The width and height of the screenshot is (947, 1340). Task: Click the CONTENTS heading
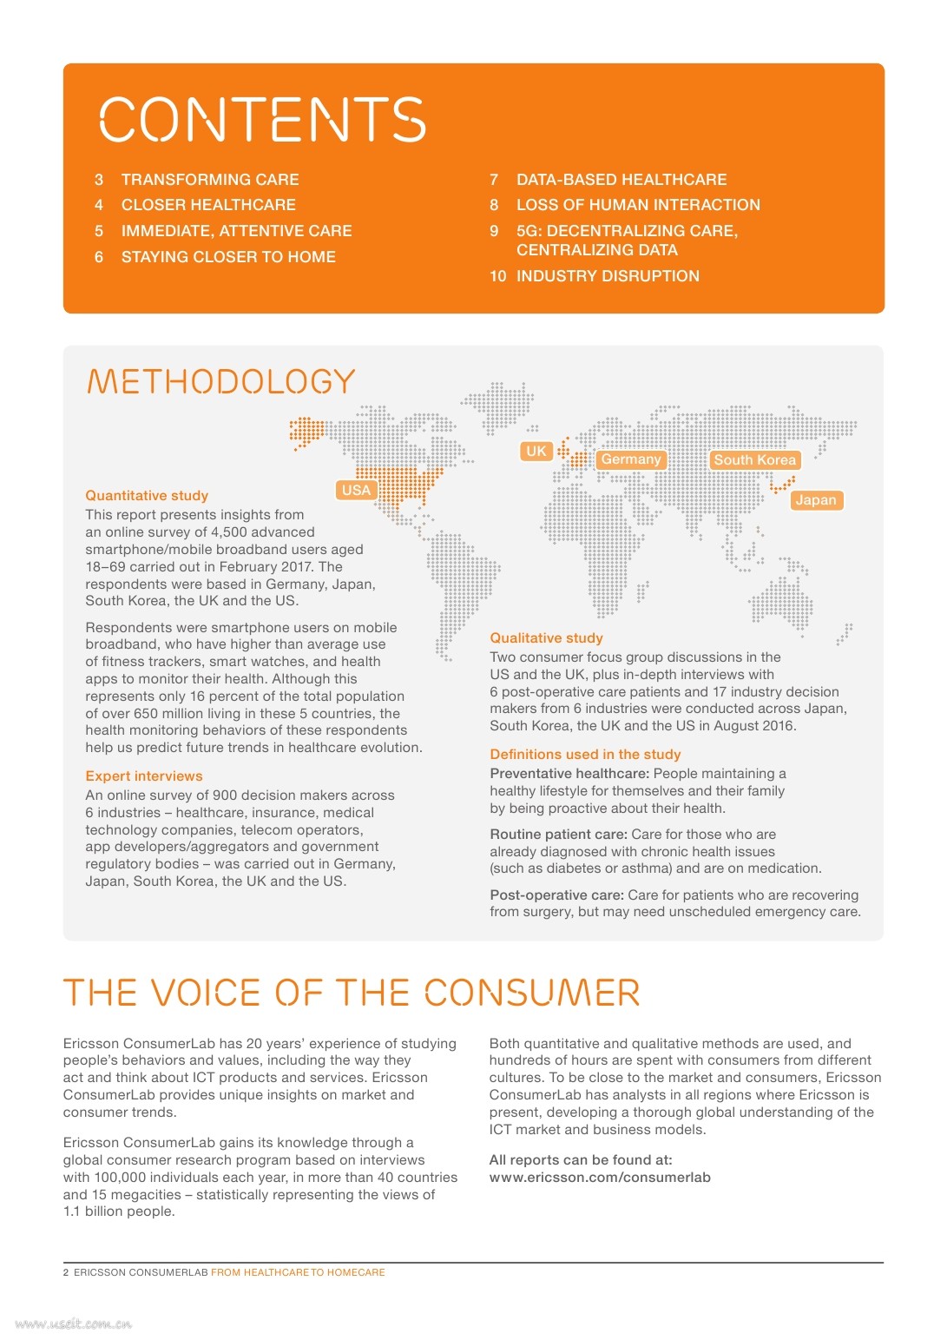pos(262,119)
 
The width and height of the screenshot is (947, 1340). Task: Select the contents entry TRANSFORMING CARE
pos(210,180)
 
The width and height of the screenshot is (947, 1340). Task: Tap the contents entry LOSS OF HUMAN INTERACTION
pos(638,205)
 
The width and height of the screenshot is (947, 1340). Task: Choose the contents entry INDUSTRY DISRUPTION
pos(608,276)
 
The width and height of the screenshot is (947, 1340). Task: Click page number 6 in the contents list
pos(99,257)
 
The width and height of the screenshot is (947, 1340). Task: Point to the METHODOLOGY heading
pos(221,381)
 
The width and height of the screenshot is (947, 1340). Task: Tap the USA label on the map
pos(356,490)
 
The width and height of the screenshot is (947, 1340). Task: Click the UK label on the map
pos(536,451)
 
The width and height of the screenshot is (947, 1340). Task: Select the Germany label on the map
pos(631,459)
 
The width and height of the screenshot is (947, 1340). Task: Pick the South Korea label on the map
pos(754,460)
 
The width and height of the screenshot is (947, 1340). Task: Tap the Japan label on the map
pos(815,500)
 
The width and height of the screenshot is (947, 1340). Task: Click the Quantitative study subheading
pos(147,496)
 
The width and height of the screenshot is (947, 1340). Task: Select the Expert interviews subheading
pos(144,776)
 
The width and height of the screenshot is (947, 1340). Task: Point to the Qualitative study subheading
pos(546,638)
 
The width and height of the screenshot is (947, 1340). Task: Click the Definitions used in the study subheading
pos(585,755)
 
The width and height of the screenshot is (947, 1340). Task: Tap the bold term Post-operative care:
pos(556,895)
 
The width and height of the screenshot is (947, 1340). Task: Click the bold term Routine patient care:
pos(558,835)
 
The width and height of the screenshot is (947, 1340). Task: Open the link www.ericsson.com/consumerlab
pos(600,1178)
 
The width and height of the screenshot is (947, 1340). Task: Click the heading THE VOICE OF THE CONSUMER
pos(352,993)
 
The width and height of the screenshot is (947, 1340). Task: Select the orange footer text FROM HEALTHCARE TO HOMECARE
pos(298,1272)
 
